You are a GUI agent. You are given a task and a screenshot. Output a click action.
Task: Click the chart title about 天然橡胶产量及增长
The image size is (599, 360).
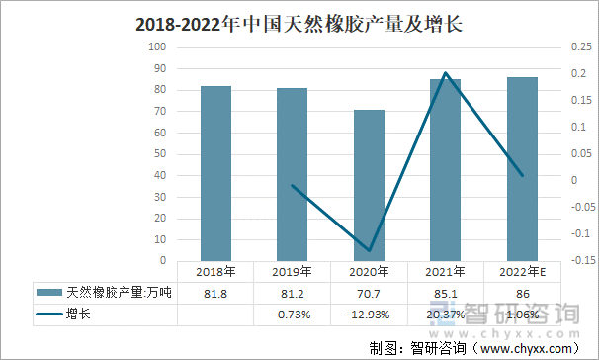point(298,22)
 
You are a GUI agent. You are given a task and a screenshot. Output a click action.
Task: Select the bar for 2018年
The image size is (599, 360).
point(215,173)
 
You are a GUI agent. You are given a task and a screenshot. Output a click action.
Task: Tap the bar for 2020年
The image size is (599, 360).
point(370,185)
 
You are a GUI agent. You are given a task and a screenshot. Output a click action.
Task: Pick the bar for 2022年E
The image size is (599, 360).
point(523,169)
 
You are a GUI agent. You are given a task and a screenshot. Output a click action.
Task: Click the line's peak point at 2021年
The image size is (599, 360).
point(447,73)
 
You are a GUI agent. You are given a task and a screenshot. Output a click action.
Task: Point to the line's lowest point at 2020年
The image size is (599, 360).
point(370,250)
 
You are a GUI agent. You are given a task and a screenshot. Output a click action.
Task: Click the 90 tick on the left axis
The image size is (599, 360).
point(159,68)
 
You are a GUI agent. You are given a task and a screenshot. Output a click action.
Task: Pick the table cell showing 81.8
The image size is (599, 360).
point(215,293)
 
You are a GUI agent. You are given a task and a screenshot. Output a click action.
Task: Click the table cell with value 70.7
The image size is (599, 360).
point(370,293)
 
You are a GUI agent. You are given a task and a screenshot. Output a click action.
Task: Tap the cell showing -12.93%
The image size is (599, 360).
point(370,315)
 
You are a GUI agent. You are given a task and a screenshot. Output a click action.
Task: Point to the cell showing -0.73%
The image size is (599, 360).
point(293,315)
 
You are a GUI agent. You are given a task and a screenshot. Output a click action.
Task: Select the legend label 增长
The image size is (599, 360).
point(79,315)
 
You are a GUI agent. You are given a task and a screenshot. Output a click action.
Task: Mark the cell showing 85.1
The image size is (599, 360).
point(447,293)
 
